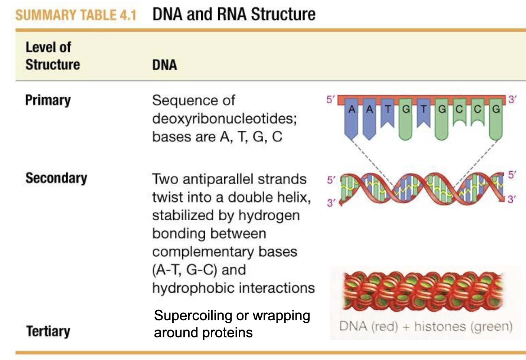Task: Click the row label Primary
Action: (x=48, y=100)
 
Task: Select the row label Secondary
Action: (x=56, y=178)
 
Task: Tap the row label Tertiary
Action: (x=48, y=331)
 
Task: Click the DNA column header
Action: (x=164, y=65)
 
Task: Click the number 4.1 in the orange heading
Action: (x=128, y=15)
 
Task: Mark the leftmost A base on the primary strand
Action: (x=352, y=109)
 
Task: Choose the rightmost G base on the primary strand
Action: (x=496, y=109)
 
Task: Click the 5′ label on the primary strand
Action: (x=330, y=100)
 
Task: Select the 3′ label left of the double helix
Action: (x=331, y=202)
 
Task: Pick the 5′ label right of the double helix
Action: (x=512, y=175)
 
